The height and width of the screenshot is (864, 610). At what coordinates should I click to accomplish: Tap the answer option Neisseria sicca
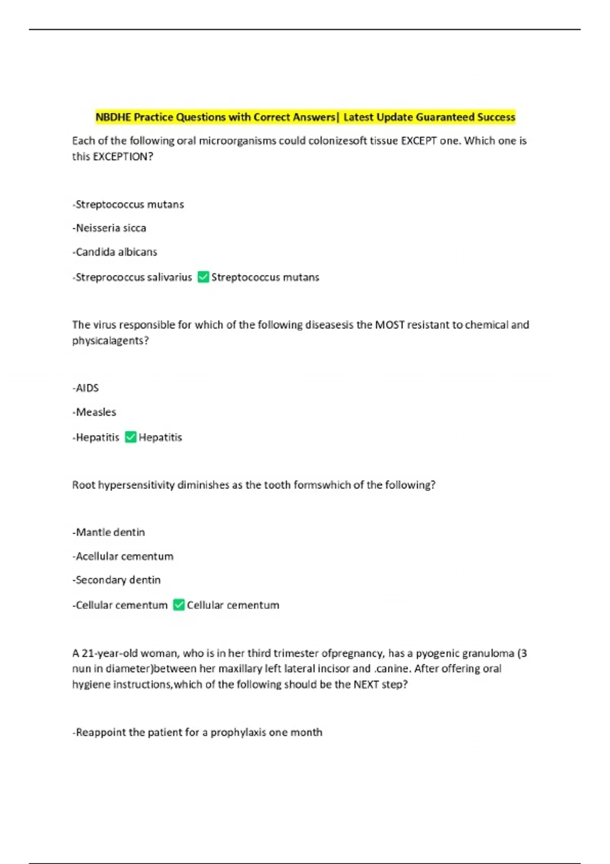tap(110, 228)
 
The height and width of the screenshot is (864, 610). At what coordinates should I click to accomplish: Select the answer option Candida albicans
tap(115, 252)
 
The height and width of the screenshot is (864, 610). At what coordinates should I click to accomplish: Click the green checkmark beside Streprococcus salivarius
tap(203, 277)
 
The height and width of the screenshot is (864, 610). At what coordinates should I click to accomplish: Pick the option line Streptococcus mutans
tap(129, 205)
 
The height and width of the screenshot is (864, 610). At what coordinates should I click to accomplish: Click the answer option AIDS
tap(86, 388)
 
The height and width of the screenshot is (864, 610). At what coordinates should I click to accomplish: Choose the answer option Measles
tap(95, 412)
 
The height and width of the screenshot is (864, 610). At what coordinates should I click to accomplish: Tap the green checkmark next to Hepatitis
tap(131, 437)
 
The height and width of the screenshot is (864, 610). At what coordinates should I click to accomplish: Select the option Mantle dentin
tap(109, 533)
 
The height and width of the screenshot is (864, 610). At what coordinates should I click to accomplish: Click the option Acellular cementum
tap(124, 557)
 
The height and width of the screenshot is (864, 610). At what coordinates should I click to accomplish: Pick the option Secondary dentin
tap(117, 580)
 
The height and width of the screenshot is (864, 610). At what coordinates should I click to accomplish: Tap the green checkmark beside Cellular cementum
tap(178, 605)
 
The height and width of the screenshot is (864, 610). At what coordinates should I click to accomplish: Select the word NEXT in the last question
tap(366, 685)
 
